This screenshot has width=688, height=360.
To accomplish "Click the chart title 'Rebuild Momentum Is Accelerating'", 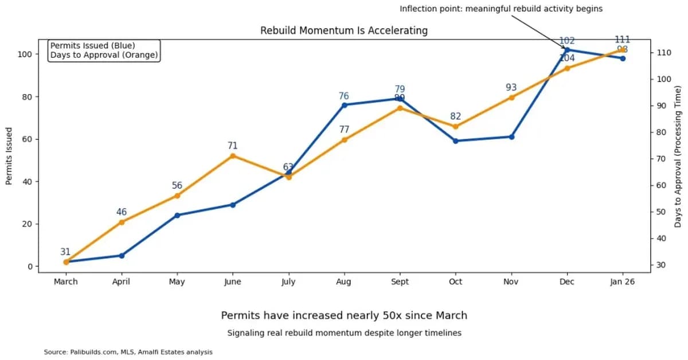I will click(344, 30).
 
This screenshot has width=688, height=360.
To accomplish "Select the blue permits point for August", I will click(344, 105).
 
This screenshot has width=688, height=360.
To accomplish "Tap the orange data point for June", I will click(233, 156).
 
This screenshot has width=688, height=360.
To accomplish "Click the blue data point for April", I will click(122, 256).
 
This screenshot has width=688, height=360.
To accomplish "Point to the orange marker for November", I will click(511, 97).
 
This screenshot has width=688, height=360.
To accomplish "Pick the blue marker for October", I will click(456, 140).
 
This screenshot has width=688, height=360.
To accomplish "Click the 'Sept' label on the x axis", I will click(400, 281).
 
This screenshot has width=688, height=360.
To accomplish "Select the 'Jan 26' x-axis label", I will click(623, 281).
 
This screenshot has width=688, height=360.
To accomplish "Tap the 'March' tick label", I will click(66, 281).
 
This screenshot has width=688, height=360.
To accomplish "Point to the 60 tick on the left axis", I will click(27, 139).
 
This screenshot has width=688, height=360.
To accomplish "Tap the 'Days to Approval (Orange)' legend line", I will click(104, 55).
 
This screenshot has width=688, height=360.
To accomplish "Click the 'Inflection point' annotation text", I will click(501, 9).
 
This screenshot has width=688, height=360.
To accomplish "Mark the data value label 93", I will click(511, 88).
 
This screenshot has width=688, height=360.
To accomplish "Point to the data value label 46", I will click(122, 212).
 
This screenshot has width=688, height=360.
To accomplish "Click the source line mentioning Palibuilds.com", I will click(128, 352).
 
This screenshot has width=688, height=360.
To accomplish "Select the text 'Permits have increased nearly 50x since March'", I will click(344, 315).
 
